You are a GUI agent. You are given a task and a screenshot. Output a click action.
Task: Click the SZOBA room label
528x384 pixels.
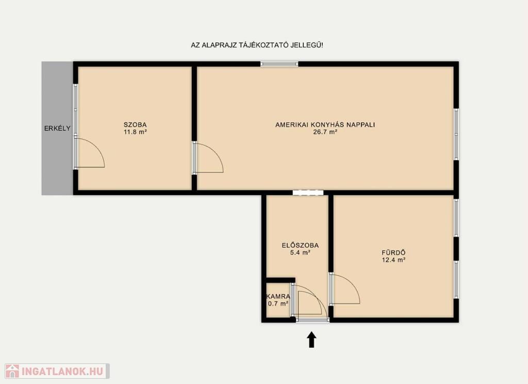pyautogui.click(x=135, y=125)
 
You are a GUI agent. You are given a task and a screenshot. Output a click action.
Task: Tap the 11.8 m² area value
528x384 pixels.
pyautogui.click(x=135, y=132)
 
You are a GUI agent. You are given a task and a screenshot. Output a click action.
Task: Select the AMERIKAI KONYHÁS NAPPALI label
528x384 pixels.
pyautogui.click(x=325, y=125)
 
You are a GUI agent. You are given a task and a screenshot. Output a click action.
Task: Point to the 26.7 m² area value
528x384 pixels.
pyautogui.click(x=325, y=132)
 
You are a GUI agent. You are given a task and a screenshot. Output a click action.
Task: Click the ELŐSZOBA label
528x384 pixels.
pyautogui.click(x=300, y=245)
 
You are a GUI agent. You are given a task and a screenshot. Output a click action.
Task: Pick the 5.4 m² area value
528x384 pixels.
pyautogui.click(x=300, y=252)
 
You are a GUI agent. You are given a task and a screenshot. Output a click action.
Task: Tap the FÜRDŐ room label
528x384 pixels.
pyautogui.click(x=393, y=252)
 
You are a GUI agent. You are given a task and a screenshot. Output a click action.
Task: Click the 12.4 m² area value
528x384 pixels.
pyautogui.click(x=393, y=260)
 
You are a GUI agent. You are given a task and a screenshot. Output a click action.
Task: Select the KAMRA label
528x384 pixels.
pyautogui.click(x=278, y=297)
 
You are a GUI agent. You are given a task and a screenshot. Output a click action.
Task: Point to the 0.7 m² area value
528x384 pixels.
pyautogui.click(x=278, y=304)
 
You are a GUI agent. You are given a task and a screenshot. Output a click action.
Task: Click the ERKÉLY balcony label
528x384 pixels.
pyautogui.click(x=57, y=128)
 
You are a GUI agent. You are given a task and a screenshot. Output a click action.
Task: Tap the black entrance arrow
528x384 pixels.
pyautogui.click(x=312, y=339)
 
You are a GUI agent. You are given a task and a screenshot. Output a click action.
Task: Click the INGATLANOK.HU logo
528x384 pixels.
pyautogui.click(x=57, y=371)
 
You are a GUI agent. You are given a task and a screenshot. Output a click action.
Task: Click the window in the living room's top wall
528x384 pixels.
pyautogui.click(x=279, y=63)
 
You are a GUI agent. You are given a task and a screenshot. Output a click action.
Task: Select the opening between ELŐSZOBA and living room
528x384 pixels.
pyautogui.click(x=308, y=193)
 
